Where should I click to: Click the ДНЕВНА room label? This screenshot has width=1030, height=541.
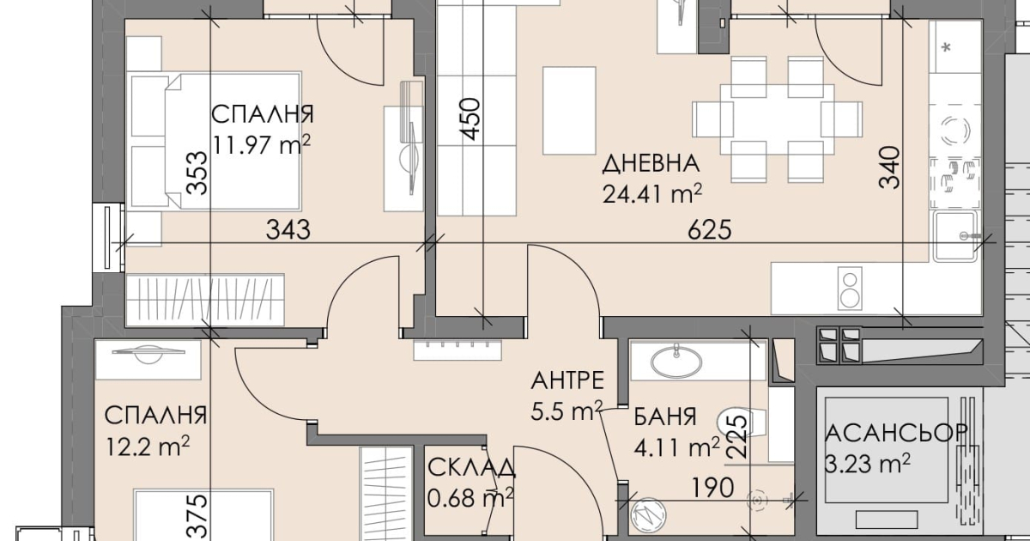651,164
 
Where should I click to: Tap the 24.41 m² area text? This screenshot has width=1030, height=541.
652,194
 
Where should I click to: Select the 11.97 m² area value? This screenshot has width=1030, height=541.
261,144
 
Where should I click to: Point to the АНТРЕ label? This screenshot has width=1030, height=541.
567,381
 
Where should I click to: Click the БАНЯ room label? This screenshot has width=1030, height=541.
665,416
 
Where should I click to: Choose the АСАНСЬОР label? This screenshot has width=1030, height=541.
896,433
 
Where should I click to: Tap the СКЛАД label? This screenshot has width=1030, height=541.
471,468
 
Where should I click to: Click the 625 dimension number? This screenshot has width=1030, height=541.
710,230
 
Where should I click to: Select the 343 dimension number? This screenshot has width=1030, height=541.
288,229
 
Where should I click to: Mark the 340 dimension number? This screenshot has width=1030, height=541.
889,167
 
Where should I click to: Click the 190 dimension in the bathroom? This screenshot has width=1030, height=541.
712,488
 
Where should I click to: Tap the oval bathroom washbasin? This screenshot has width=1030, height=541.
676,362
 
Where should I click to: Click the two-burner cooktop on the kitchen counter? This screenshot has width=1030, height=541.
850,289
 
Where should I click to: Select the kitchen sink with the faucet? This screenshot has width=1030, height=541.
954,236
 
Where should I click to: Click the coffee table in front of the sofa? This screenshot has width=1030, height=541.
569,111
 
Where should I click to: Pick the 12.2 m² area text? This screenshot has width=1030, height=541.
148,447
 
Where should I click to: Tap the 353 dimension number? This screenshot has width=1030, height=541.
197,173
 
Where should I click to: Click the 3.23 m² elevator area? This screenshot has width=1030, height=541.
867,464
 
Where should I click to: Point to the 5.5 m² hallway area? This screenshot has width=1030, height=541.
566,410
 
